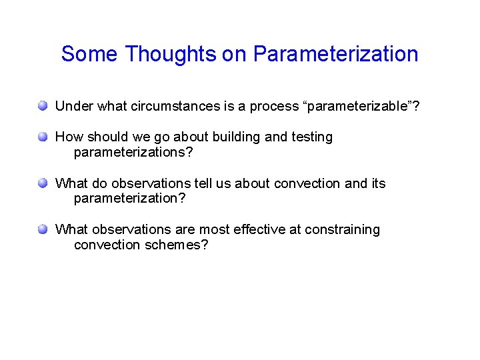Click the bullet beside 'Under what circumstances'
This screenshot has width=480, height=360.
(x=43, y=106)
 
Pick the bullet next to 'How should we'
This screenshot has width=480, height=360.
(x=43, y=137)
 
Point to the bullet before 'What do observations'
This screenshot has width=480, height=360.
(x=43, y=183)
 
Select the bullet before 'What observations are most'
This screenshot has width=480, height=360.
(x=43, y=229)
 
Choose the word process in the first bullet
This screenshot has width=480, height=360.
(x=272, y=106)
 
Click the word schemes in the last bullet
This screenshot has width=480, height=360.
(x=173, y=245)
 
